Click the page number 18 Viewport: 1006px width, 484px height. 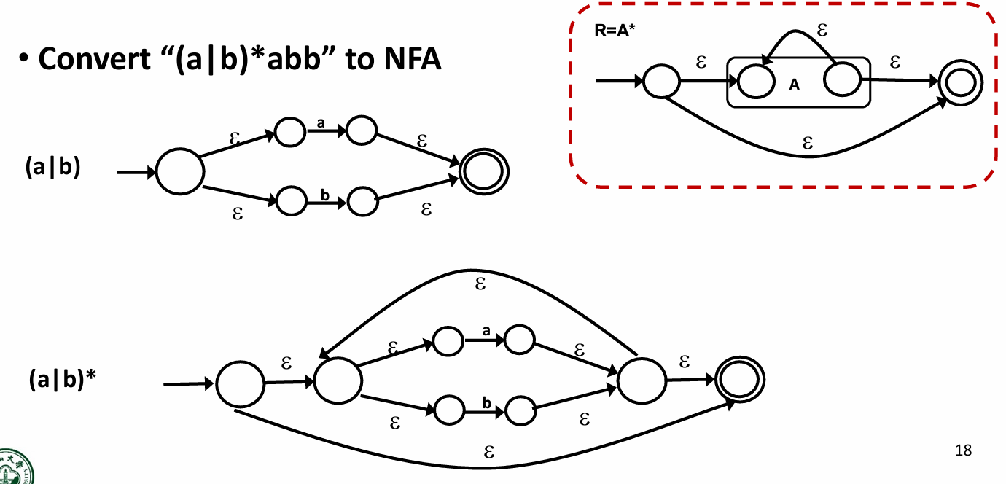[963, 450]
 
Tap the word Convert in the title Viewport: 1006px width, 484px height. [88, 59]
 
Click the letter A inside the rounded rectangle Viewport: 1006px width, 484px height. [795, 85]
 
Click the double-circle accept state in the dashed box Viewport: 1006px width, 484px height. [960, 82]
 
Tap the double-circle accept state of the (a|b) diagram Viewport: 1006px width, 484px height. [483, 173]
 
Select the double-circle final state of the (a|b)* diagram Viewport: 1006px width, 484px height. [740, 380]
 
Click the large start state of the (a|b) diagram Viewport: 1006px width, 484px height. [180, 172]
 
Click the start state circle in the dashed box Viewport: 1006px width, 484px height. [661, 81]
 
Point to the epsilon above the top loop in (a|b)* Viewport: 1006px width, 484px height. [480, 283]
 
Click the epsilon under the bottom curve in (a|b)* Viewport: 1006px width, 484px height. [490, 452]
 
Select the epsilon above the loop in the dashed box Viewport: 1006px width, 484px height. [823, 31]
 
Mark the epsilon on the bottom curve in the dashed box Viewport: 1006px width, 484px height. [807, 143]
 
